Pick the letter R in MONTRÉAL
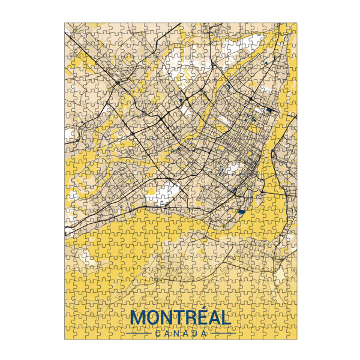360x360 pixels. (190, 318)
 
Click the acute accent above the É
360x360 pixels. (203, 310)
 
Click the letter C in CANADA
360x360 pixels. (158, 333)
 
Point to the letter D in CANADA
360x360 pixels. (195, 333)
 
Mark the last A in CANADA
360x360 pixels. (205, 333)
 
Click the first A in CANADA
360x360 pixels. (167, 333)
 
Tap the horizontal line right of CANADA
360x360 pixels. (222, 333)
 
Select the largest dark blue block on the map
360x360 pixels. (242, 212)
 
